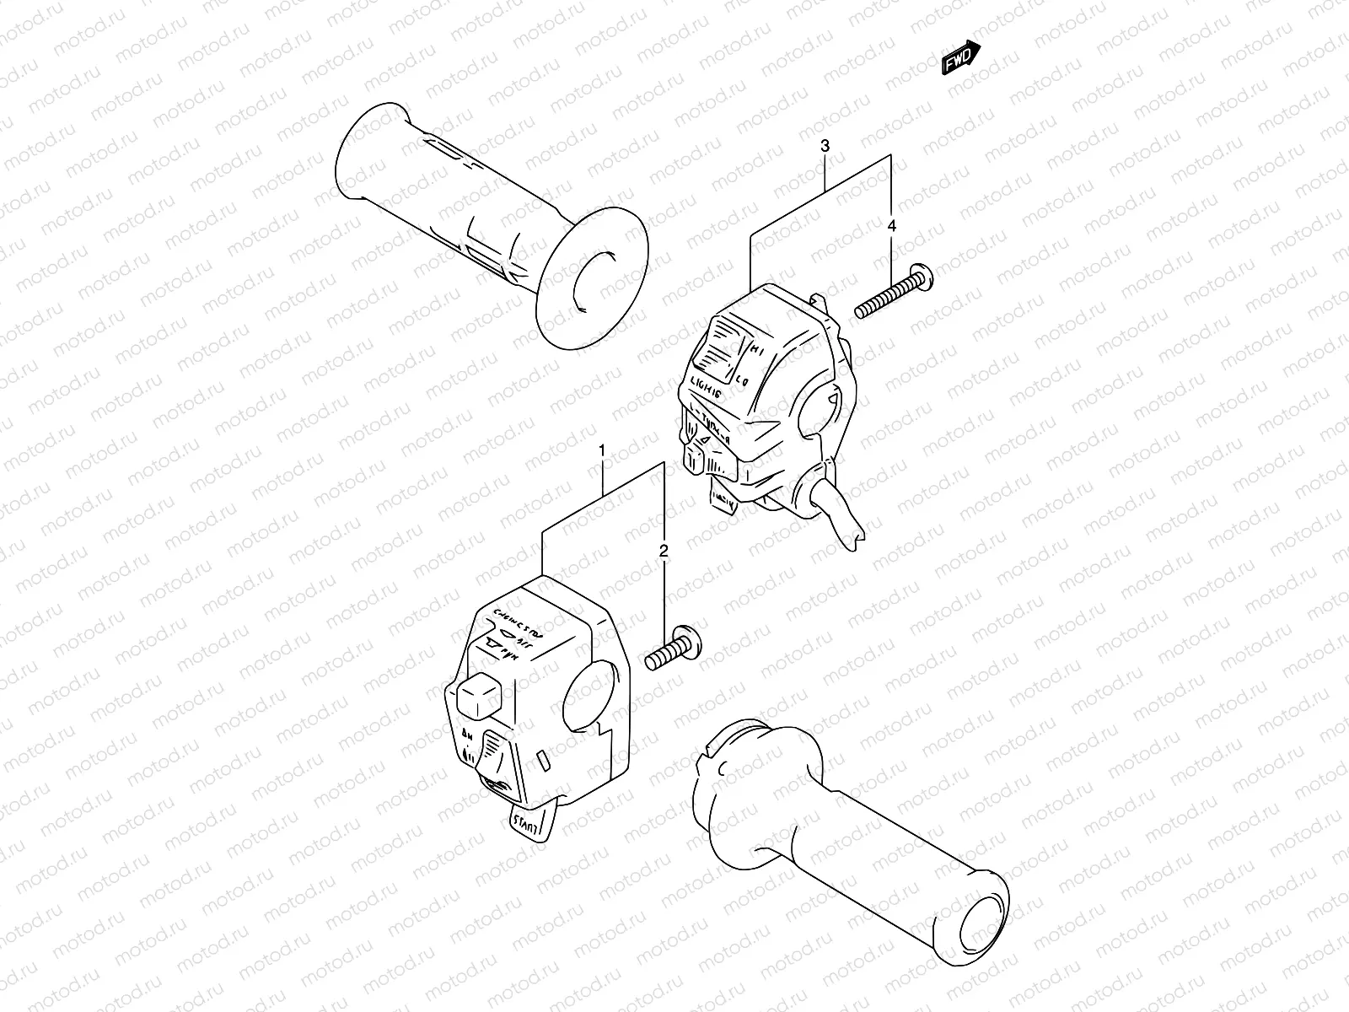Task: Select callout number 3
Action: point(825,146)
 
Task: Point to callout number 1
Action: point(602,450)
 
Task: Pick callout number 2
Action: point(664,552)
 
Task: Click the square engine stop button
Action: point(476,695)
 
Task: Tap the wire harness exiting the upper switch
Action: point(843,519)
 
